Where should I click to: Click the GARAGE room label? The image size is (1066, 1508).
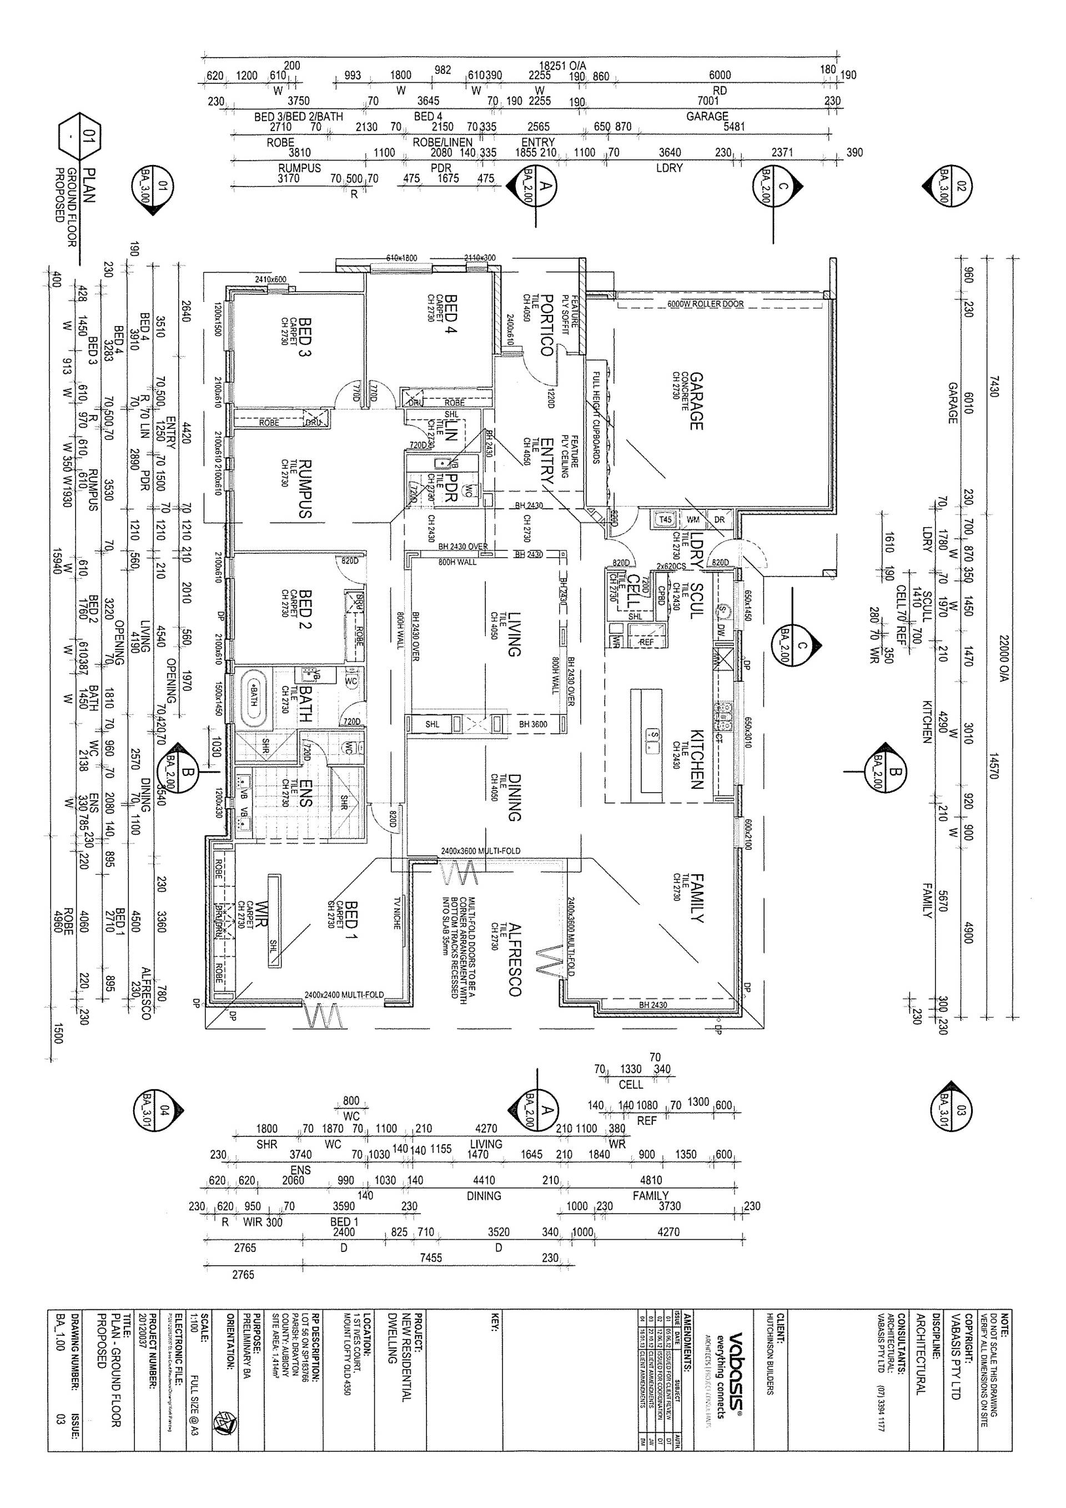coord(696,402)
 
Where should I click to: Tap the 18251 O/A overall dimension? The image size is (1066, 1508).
coord(562,66)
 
